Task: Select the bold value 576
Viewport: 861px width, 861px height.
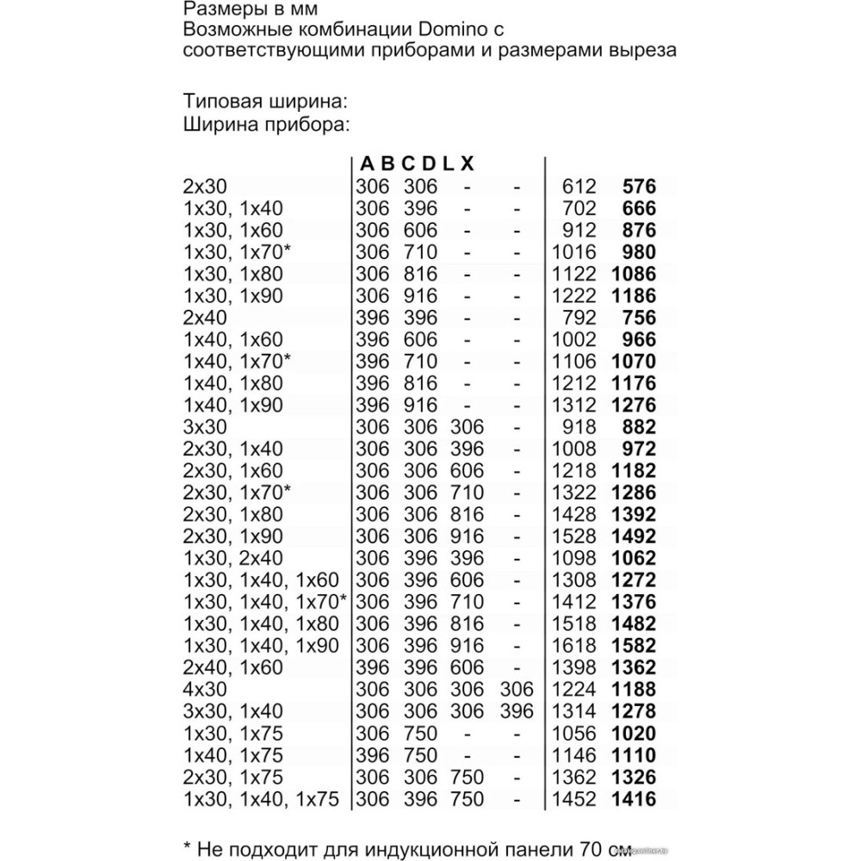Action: tap(639, 186)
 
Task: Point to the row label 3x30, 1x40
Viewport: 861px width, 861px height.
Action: tap(233, 712)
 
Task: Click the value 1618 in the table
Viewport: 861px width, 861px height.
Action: tap(573, 646)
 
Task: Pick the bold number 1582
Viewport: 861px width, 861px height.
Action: tap(634, 646)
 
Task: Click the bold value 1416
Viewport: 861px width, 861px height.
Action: tap(634, 799)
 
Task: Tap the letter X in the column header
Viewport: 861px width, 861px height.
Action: tap(467, 163)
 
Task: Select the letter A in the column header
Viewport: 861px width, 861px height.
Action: tap(368, 163)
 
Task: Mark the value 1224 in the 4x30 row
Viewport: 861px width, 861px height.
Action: tap(573, 690)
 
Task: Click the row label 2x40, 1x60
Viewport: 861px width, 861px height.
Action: tap(233, 668)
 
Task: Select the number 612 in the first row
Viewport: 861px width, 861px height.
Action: tap(579, 186)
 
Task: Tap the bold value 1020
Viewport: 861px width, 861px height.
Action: tap(634, 734)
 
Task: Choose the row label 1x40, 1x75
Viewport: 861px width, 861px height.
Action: tap(233, 756)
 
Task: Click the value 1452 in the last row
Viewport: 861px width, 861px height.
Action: tap(573, 799)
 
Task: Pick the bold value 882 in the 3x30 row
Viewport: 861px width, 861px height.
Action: tap(639, 427)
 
